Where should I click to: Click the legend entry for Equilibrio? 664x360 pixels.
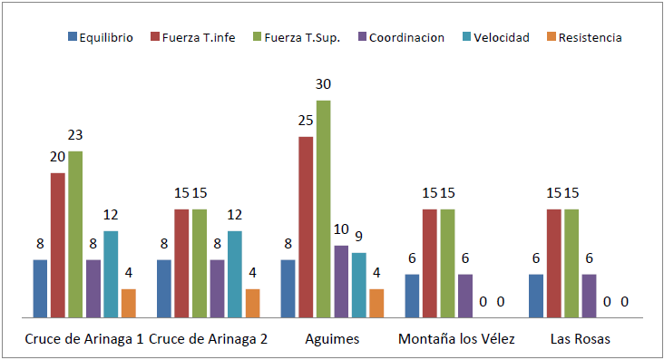point(101,37)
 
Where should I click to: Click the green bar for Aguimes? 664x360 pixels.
point(324,209)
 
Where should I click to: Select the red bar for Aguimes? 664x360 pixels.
point(307,227)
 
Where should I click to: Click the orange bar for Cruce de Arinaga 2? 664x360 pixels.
point(252,303)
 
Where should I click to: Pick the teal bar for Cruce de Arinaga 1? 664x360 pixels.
point(111,274)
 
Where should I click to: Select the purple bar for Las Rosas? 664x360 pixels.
point(590,296)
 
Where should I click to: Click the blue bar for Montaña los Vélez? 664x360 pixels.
point(413,296)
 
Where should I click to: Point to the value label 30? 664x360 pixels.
point(324,84)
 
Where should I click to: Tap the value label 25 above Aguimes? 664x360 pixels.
point(307,121)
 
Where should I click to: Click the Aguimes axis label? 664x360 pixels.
point(332,340)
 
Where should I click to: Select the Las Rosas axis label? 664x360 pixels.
point(581,340)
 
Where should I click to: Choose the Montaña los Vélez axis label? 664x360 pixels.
point(456,340)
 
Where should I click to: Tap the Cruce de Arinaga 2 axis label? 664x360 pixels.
point(208,340)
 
